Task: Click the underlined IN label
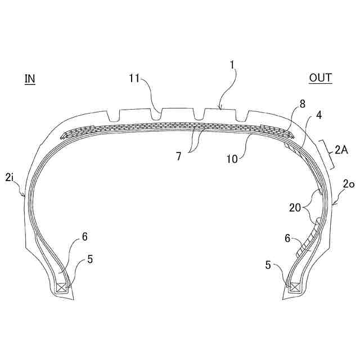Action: (30, 79)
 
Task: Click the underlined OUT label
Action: (321, 78)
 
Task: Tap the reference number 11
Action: (133, 79)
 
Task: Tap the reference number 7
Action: (178, 156)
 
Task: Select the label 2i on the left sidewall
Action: (10, 178)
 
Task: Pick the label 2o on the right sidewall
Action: (349, 184)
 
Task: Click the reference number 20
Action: (296, 208)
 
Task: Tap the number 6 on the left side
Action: (85, 237)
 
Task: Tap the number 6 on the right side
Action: (287, 238)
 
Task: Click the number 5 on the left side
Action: (90, 259)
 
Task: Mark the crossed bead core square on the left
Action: (61, 289)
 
